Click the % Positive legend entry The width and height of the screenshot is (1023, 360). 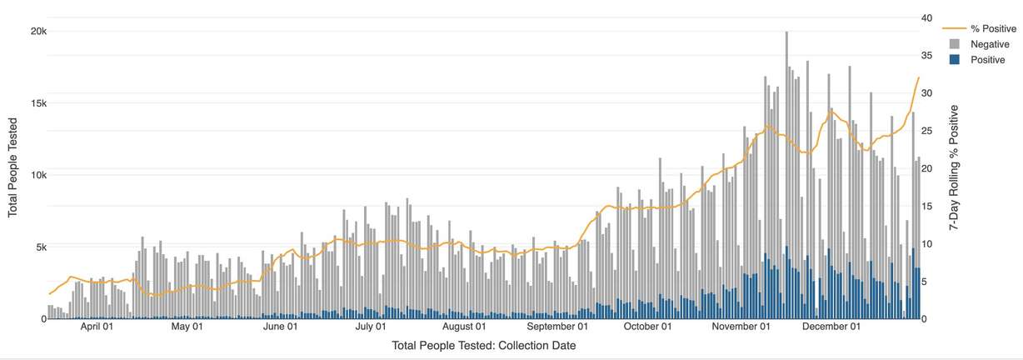click(x=980, y=29)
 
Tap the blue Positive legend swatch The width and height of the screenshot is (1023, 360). click(x=955, y=59)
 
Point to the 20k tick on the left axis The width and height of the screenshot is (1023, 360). click(x=38, y=31)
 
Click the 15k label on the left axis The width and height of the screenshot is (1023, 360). click(x=38, y=103)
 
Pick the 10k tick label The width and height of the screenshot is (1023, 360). click(x=38, y=175)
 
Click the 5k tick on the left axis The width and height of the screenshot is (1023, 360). click(x=41, y=247)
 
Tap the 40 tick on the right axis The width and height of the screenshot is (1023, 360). click(x=926, y=17)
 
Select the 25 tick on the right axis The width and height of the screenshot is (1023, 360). click(x=926, y=131)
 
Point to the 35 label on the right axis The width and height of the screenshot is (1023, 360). click(x=926, y=55)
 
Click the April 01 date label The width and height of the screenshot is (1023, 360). click(x=97, y=327)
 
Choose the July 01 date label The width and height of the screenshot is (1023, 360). click(x=371, y=327)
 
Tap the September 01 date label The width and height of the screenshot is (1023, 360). click(x=557, y=327)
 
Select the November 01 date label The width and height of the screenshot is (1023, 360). click(x=741, y=327)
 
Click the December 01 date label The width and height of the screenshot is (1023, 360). click(x=831, y=327)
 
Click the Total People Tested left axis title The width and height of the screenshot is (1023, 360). click(x=12, y=167)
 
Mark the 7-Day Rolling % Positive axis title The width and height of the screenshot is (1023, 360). click(x=954, y=167)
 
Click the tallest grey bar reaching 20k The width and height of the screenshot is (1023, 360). click(x=786, y=175)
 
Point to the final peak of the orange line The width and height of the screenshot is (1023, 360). click(x=919, y=77)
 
